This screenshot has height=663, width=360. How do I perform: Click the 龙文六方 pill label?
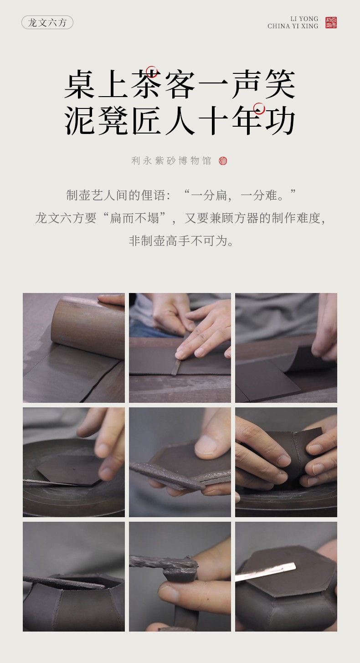click(47, 22)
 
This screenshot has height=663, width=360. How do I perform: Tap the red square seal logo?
click(331, 22)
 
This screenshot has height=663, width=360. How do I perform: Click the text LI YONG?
click(304, 19)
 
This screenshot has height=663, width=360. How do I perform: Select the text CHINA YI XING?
click(293, 26)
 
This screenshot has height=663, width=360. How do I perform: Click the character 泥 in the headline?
click(79, 121)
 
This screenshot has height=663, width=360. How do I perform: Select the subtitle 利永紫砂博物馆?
click(171, 161)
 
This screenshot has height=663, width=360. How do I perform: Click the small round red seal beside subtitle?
click(223, 161)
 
